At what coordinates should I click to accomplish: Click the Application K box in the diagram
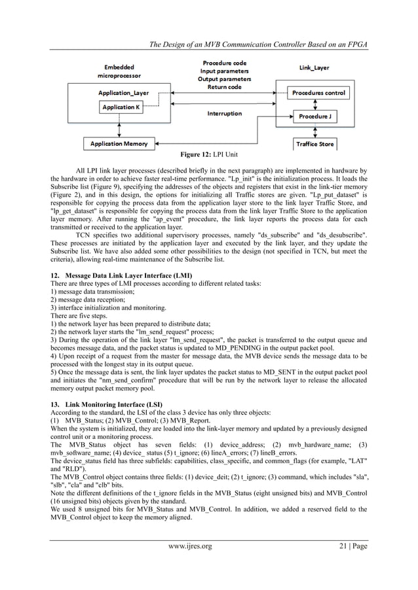point(120,107)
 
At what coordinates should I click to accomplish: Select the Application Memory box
point(119,143)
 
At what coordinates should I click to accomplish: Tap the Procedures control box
point(318,93)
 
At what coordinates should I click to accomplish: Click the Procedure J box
point(318,116)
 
